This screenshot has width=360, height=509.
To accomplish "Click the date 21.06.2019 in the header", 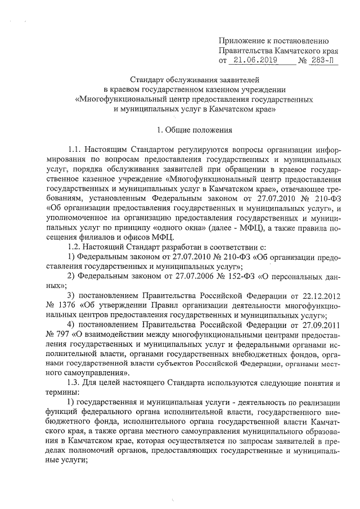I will [253, 60].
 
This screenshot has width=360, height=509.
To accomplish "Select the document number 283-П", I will [323, 60].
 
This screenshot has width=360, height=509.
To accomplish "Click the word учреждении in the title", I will [264, 89].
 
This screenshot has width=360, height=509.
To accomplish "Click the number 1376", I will [56, 305].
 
